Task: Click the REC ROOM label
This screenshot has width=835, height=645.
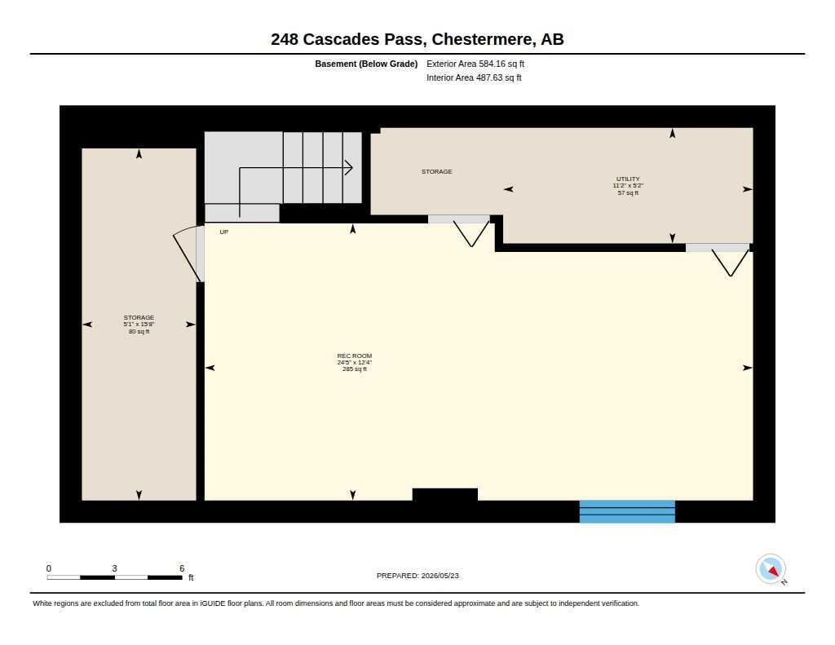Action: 354,356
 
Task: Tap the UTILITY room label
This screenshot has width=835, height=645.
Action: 628,179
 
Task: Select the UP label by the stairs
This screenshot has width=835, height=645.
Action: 224,232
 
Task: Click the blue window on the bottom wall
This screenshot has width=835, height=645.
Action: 627,511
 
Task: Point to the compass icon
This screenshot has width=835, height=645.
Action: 771,569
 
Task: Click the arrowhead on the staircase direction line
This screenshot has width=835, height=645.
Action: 349,168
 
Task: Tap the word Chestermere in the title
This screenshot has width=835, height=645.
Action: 481,39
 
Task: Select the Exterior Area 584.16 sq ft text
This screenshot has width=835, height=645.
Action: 475,64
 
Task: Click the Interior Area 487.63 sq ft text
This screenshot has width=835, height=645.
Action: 474,77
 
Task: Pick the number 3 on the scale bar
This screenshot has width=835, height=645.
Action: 114,568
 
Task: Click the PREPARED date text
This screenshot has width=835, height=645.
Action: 417,576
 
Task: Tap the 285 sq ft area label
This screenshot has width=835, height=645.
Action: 355,369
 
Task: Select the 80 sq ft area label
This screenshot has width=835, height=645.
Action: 139,331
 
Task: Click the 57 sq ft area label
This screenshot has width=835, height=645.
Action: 628,192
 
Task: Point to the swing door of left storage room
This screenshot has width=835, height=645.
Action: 187,254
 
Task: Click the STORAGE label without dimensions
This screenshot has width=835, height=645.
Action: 437,171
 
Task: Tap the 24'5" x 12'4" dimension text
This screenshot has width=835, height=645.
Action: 354,362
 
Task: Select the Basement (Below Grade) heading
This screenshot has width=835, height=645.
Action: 366,64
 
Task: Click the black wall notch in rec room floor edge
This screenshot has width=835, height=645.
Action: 444,494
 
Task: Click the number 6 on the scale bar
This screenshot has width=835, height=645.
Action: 182,568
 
